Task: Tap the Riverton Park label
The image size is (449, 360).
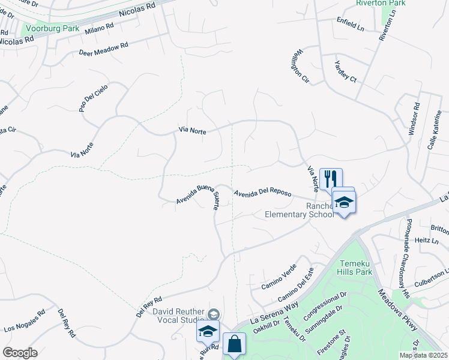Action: [381, 3]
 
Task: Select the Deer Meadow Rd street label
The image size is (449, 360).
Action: [104, 49]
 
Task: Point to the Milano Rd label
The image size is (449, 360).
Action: [99, 29]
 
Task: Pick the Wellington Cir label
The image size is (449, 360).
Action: [301, 67]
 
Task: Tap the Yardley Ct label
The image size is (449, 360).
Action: [346, 72]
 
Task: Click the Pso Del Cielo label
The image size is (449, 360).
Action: [94, 98]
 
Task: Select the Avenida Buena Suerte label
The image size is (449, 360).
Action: [199, 197]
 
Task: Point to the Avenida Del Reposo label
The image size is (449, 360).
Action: [263, 194]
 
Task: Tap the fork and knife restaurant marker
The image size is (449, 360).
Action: [331, 178]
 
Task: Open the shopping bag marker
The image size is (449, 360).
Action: [234, 344]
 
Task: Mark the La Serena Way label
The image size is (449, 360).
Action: [274, 313]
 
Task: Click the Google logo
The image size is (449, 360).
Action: [20, 353]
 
